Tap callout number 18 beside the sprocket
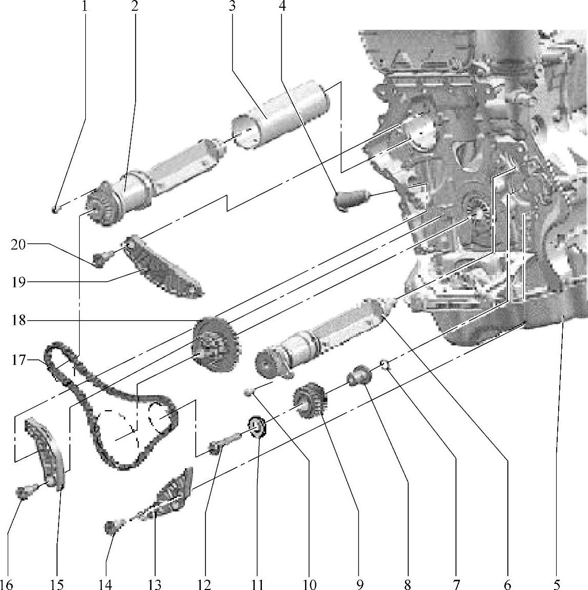tap(20, 321)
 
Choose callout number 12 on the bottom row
tap(205, 583)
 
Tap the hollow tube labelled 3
tap(280, 116)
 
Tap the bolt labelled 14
tap(112, 527)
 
